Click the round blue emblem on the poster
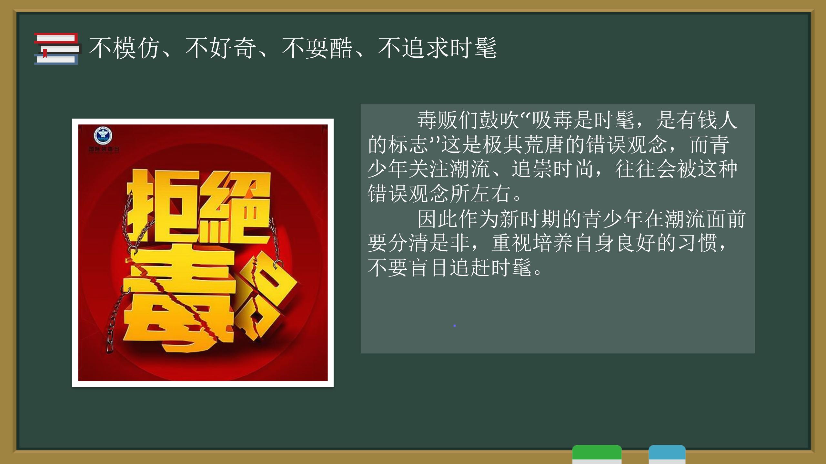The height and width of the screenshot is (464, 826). pyautogui.click(x=103, y=136)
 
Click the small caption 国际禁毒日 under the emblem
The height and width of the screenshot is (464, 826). pyautogui.click(x=104, y=150)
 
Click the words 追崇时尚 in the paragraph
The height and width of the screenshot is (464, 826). pyautogui.click(x=552, y=169)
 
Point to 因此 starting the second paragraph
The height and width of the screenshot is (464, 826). pyautogui.click(x=438, y=219)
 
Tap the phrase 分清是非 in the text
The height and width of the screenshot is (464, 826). pyautogui.click(x=429, y=243)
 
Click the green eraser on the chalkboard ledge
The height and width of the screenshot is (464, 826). pyautogui.click(x=597, y=454)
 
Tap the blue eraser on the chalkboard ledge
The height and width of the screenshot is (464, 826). pyautogui.click(x=667, y=454)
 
